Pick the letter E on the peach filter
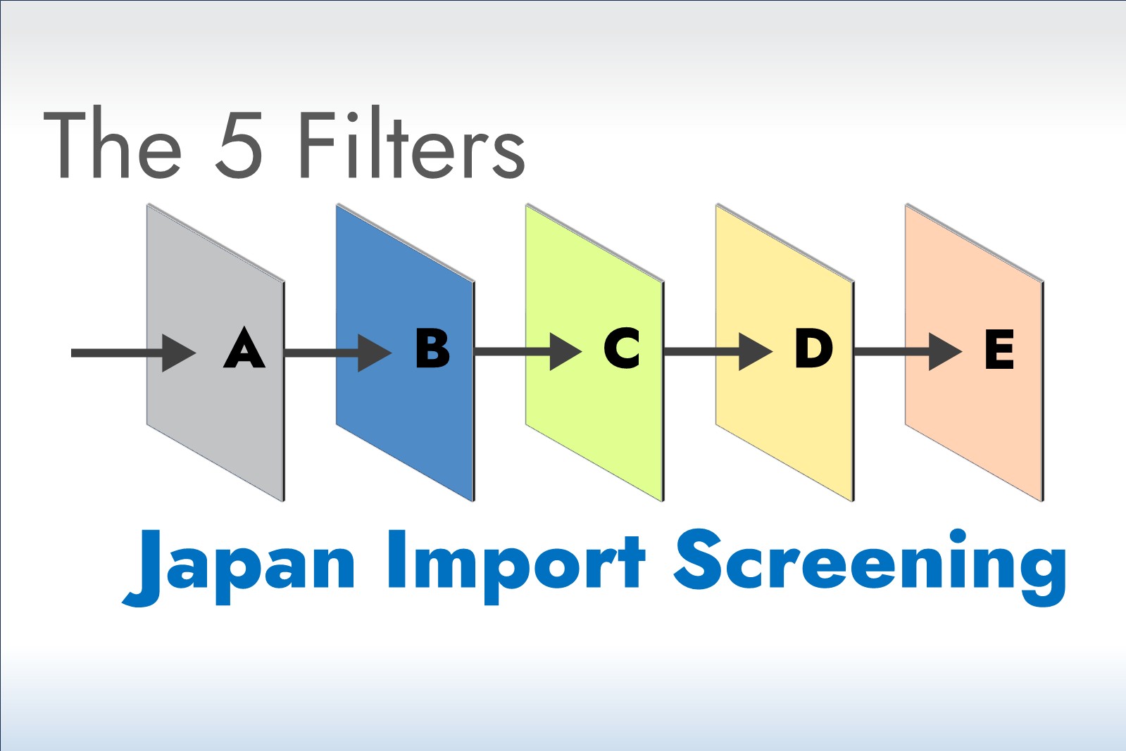point(999,349)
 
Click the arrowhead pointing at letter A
point(177,353)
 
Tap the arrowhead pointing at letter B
point(373,353)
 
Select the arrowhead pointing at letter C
point(564,352)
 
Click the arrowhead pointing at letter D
point(754,352)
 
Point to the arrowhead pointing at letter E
point(944,352)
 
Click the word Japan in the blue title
point(239,566)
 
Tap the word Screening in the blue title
point(870,566)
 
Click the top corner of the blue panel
point(337,205)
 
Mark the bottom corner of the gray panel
point(283,501)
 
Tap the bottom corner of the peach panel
point(1042,501)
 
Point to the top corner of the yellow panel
point(717,205)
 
